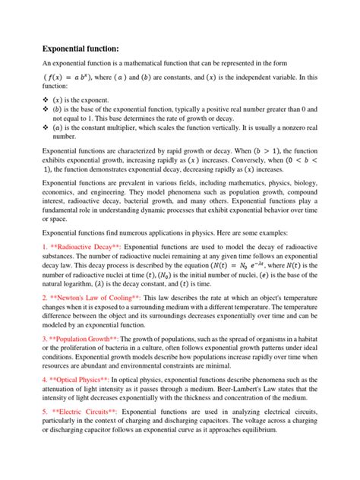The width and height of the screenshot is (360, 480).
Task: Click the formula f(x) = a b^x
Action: (x=72, y=77)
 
